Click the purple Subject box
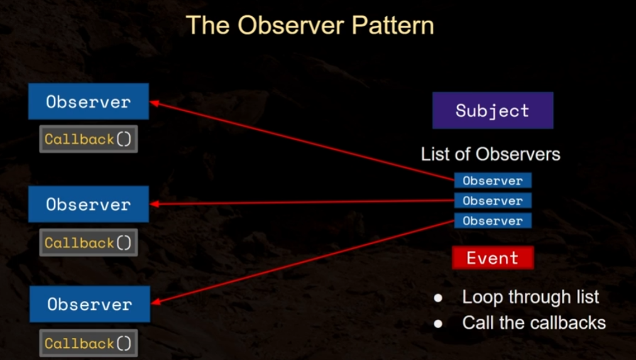click(493, 111)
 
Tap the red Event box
click(493, 258)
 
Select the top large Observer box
click(89, 102)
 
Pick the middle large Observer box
click(89, 204)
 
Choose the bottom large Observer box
click(89, 304)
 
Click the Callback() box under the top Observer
click(89, 139)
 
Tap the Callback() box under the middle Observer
click(89, 243)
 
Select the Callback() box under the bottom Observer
click(89, 343)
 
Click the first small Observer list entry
click(493, 181)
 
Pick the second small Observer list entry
click(493, 201)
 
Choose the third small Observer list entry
click(493, 221)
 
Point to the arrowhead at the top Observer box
click(153, 102)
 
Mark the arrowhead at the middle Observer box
click(153, 204)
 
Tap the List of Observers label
click(490, 154)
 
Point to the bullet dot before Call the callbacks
click(439, 324)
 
